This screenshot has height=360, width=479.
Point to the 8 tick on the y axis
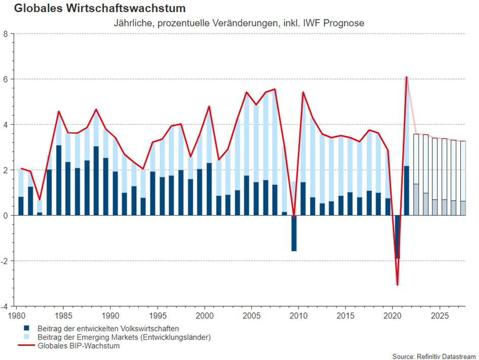pos(6,34)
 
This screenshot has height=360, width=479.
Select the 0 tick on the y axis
pos(6,215)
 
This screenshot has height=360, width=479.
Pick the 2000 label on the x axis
pos(204,316)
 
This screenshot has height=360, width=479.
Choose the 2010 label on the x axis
pos(298,316)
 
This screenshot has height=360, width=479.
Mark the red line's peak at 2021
pos(407,77)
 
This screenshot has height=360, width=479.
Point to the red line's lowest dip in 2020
pos(397,285)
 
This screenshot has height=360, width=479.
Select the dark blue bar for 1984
pos(59,180)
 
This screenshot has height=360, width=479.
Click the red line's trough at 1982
pos(40,200)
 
